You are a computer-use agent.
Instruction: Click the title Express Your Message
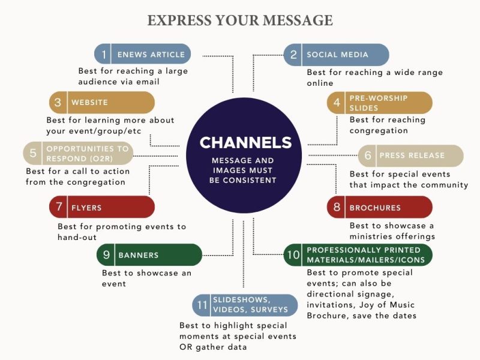click(x=240, y=20)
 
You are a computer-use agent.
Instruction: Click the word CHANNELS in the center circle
click(x=245, y=143)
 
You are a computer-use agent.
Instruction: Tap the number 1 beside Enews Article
click(x=104, y=55)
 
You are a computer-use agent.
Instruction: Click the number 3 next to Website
click(x=58, y=103)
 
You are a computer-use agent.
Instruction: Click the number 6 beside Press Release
click(x=368, y=156)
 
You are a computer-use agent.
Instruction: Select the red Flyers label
click(x=86, y=208)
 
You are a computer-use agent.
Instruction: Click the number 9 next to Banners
click(x=106, y=255)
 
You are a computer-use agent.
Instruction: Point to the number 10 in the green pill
click(x=293, y=255)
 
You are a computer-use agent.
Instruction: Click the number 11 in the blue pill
click(x=201, y=305)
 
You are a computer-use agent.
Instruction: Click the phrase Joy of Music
click(x=379, y=305)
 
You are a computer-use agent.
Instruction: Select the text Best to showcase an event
click(x=146, y=278)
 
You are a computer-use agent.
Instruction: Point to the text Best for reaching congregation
click(x=388, y=125)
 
